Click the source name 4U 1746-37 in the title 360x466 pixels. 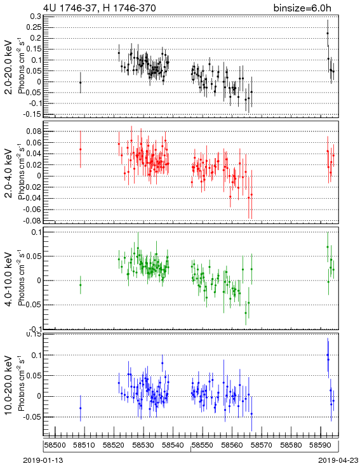pos(70,8)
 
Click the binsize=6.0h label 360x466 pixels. pos(302,8)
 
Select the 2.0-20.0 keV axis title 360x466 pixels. pos(9,67)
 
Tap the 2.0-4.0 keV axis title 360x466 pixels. pos(9,173)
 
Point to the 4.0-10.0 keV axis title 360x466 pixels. pos(9,279)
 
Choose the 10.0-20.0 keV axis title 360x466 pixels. pos(9,385)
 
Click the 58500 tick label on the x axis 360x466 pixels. pos(55,445)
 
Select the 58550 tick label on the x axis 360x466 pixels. pos(203,445)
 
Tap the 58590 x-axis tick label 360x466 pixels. pos(321,445)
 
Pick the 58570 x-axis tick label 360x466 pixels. pos(262,445)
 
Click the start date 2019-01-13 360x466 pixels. pos(43,460)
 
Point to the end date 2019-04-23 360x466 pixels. pos(338,460)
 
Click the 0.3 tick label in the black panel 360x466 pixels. pos(36,16)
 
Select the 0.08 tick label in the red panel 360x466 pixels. pos(34,131)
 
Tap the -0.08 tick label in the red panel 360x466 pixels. pos(32,221)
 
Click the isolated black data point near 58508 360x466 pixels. pos(80,83)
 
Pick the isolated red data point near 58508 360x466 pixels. pos(80,149)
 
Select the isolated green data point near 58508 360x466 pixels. pos(80,285)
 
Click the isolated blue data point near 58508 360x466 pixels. pos(80,408)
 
